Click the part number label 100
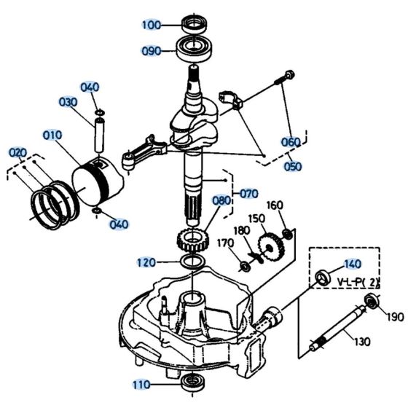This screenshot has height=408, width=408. pos(151,25)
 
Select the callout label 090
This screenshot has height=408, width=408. pos(151,51)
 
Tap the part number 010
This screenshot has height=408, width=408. pos(52,135)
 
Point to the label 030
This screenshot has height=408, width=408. pos(68,102)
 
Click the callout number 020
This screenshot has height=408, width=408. pos(17,152)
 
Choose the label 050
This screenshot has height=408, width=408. pos(293,166)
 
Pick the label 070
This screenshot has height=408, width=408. pos(248,194)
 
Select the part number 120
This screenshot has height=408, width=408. pos(146,262)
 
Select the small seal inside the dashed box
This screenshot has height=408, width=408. pos(321,277)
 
